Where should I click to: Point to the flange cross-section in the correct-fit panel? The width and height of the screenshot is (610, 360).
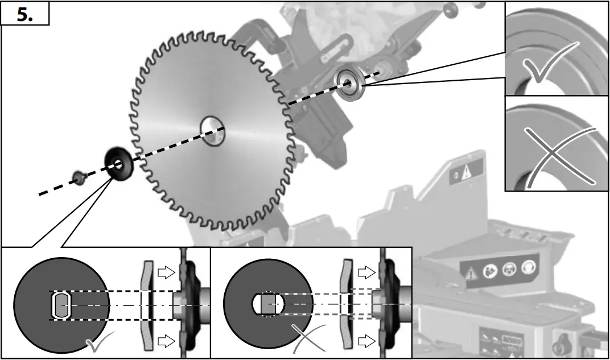pyautogui.click(x=147, y=305)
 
